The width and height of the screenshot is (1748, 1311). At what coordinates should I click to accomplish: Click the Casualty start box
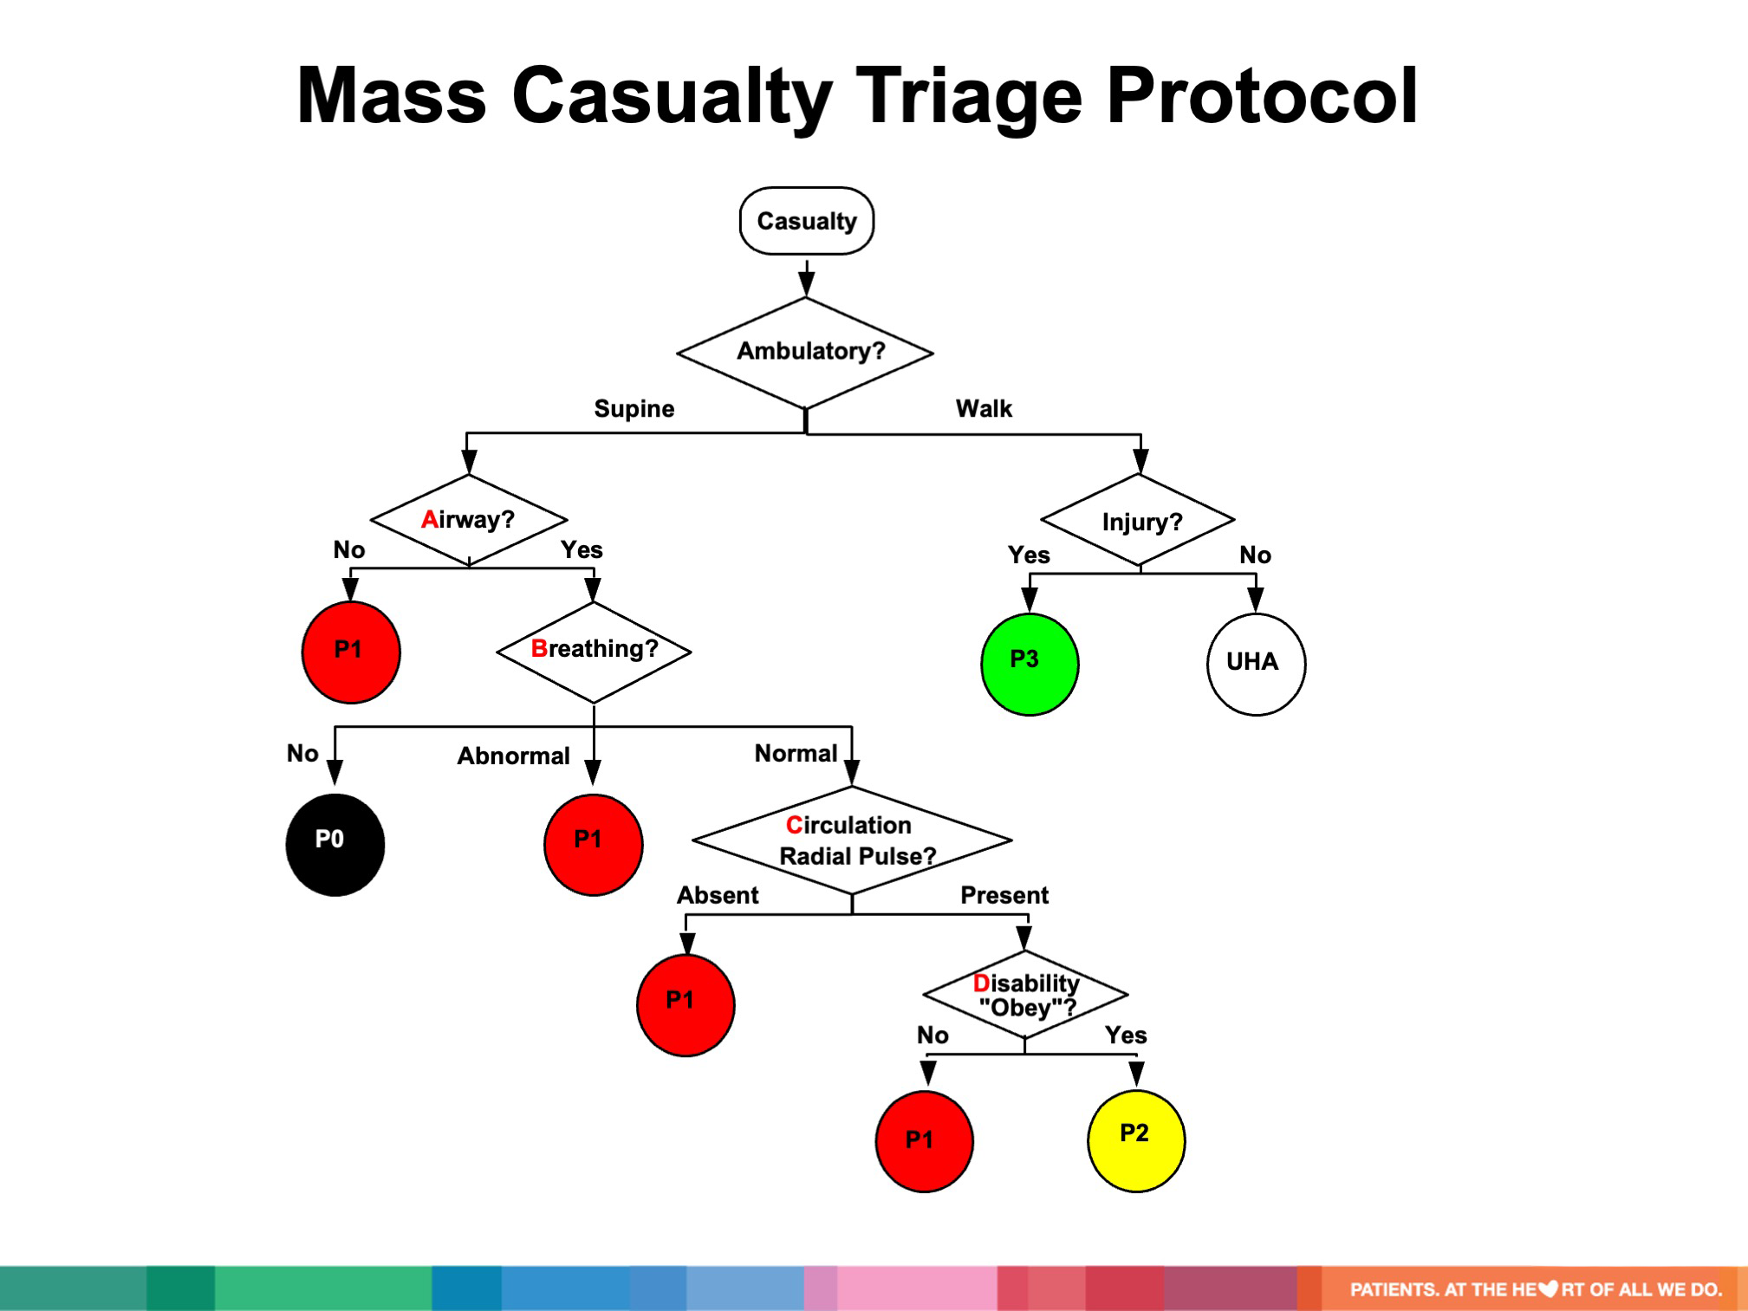pyautogui.click(x=806, y=221)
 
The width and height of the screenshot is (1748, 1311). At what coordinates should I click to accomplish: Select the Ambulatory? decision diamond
pyautogui.click(x=806, y=352)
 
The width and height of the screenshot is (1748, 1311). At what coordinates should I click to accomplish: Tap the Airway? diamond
pyautogui.click(x=469, y=520)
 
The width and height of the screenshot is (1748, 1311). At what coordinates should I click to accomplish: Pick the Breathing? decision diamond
pyautogui.click(x=594, y=651)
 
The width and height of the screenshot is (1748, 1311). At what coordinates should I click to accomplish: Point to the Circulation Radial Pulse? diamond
pyautogui.click(x=852, y=840)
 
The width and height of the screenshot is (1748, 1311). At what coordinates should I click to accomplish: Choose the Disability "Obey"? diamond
pyautogui.click(x=1025, y=995)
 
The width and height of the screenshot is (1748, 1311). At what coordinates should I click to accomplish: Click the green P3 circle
pyautogui.click(x=1030, y=664)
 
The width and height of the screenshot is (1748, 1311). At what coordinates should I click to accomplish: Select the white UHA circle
pyautogui.click(x=1255, y=664)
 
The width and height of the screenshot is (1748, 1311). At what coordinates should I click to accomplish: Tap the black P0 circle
pyautogui.click(x=335, y=844)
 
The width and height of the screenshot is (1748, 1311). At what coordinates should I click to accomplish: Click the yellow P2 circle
pyautogui.click(x=1135, y=1140)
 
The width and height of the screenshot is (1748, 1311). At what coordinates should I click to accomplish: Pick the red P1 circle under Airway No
pyautogui.click(x=351, y=652)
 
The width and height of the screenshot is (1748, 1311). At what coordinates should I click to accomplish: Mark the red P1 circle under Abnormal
pyautogui.click(x=594, y=844)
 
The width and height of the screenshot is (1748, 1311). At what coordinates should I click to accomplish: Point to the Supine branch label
pyautogui.click(x=634, y=408)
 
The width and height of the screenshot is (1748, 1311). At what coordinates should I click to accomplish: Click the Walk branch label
pyautogui.click(x=984, y=408)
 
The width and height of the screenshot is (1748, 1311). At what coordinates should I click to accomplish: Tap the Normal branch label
pyautogui.click(x=796, y=753)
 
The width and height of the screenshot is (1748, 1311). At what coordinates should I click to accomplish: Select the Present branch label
pyautogui.click(x=1004, y=895)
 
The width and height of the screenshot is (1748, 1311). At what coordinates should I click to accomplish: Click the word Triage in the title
pyautogui.click(x=969, y=97)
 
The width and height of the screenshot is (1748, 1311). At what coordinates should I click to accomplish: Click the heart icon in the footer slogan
pyautogui.click(x=1548, y=1289)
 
